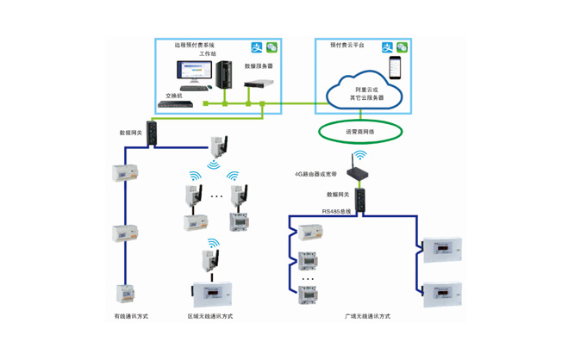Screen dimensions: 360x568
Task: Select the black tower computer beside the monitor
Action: tap(227, 74)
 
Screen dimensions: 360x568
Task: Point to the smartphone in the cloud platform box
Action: tap(396, 67)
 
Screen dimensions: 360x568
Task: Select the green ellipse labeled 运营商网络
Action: tap(360, 131)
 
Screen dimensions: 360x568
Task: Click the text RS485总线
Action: tap(337, 211)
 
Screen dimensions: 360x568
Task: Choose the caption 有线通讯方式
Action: tap(131, 316)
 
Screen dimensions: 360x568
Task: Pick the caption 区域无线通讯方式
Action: tap(211, 316)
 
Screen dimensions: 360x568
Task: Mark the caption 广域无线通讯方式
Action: tap(367, 316)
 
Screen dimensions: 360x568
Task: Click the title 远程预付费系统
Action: tap(194, 45)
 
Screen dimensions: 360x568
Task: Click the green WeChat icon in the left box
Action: tap(272, 48)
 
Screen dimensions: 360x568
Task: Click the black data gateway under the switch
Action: tap(152, 132)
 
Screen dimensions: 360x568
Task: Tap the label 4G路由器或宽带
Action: tap(316, 174)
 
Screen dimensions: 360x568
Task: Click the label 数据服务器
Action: tap(259, 65)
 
